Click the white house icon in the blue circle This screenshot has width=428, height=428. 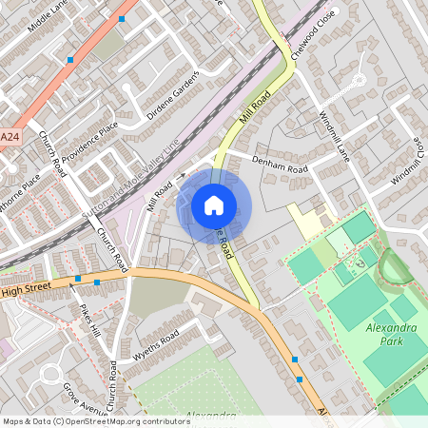pos(214,204)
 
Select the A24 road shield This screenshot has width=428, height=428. pos(10,138)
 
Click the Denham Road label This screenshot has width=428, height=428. pos(280,165)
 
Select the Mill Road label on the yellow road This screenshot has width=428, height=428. pos(255,106)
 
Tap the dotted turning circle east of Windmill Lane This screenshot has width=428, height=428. pos(359,81)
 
